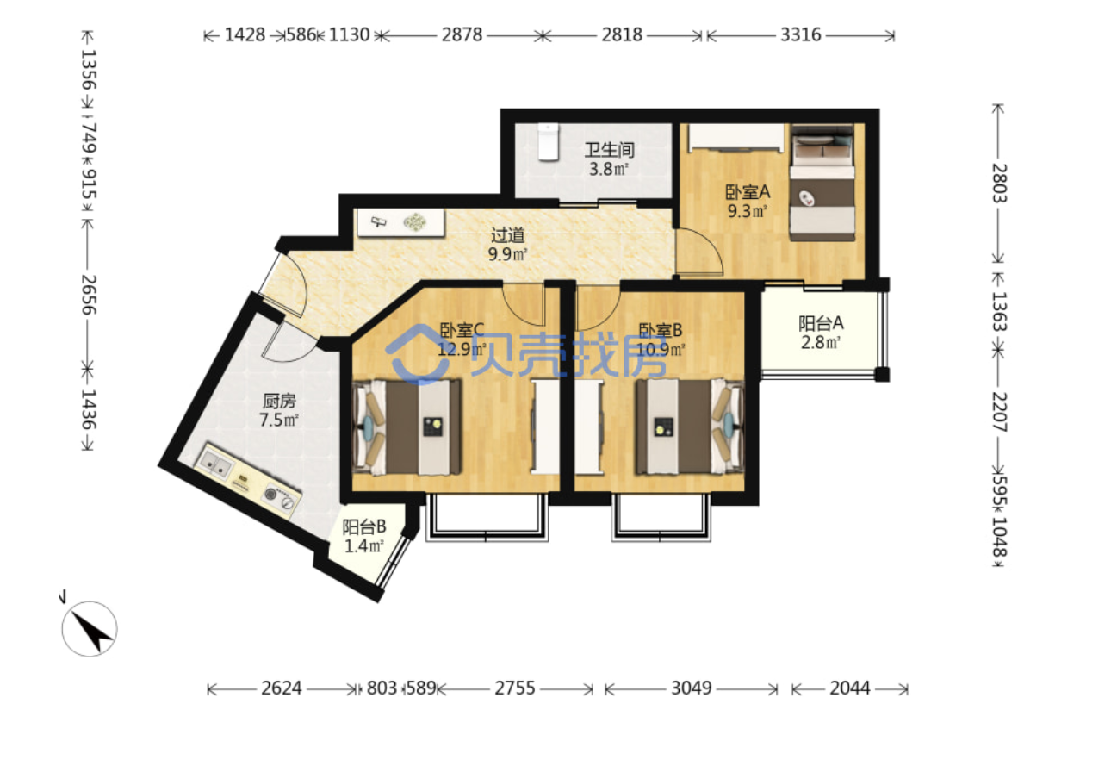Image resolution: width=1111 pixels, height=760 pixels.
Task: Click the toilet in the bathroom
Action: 548,142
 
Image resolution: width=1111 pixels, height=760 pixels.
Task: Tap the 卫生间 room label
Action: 609,150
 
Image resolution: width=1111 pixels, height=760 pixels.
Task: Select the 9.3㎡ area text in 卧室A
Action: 747,211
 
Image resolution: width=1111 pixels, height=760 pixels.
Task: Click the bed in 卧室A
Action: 822,183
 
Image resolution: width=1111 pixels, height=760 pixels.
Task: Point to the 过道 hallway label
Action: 507,234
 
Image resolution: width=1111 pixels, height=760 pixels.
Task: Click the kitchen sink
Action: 214,464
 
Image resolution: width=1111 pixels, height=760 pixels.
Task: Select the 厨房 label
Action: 279,401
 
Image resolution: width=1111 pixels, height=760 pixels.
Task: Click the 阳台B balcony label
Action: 364,526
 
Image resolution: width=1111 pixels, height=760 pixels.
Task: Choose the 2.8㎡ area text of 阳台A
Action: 821,342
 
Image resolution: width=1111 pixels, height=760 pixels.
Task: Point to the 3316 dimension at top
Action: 800,35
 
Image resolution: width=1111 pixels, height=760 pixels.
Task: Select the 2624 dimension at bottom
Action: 282,688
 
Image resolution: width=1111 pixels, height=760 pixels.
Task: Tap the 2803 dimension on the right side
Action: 999,183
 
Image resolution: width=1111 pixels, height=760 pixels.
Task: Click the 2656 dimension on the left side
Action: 89,295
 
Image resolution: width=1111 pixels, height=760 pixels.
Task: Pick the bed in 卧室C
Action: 407,427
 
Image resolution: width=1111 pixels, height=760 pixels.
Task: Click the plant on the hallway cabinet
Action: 414,221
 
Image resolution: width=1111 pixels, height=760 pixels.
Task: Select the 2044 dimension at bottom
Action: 850,688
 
